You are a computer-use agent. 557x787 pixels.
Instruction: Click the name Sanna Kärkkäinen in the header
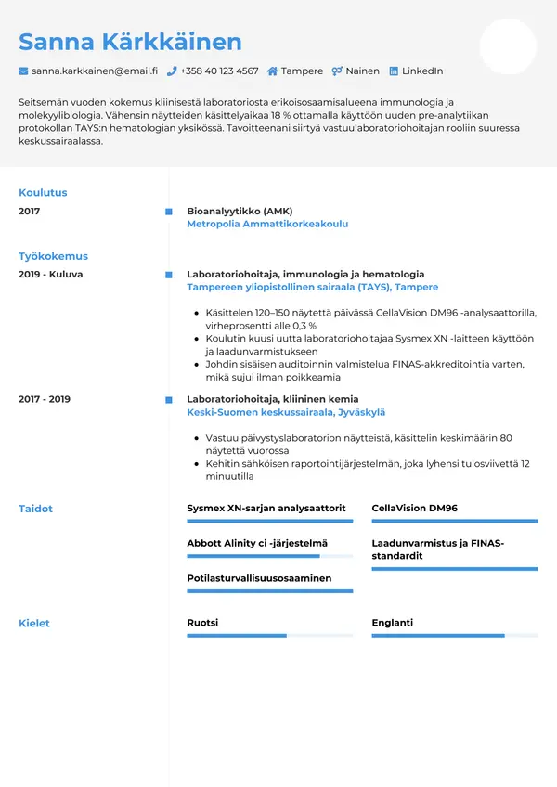pos(130,42)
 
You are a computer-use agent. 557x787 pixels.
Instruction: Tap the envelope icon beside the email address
pos(23,71)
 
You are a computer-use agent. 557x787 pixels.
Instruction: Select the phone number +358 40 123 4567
pos(219,71)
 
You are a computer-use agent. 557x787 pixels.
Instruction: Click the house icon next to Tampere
pos(272,71)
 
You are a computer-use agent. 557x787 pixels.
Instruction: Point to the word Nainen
pos(362,71)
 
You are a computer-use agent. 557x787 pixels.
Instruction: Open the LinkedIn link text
pos(421,71)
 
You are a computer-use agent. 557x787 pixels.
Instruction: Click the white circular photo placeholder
pos(508,46)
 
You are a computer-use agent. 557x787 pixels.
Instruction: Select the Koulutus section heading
pos(43,193)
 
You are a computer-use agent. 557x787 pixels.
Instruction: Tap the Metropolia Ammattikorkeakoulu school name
pos(267,224)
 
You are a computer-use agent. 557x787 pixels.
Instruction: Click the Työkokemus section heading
pos(53,256)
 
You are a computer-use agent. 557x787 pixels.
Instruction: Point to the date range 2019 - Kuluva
pos(51,275)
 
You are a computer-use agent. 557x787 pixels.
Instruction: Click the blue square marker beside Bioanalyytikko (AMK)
pos(168,212)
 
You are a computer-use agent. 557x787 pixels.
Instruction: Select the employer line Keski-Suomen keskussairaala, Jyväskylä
pos(286,412)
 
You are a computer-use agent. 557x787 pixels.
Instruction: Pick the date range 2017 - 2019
pos(45,399)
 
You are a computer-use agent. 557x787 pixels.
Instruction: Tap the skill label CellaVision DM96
pos(414,509)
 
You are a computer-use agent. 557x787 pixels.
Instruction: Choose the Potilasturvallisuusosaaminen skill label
pos(259,578)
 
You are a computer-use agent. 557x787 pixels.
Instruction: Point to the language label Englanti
pos(392,623)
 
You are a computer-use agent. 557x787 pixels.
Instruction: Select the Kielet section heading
pos(34,624)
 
